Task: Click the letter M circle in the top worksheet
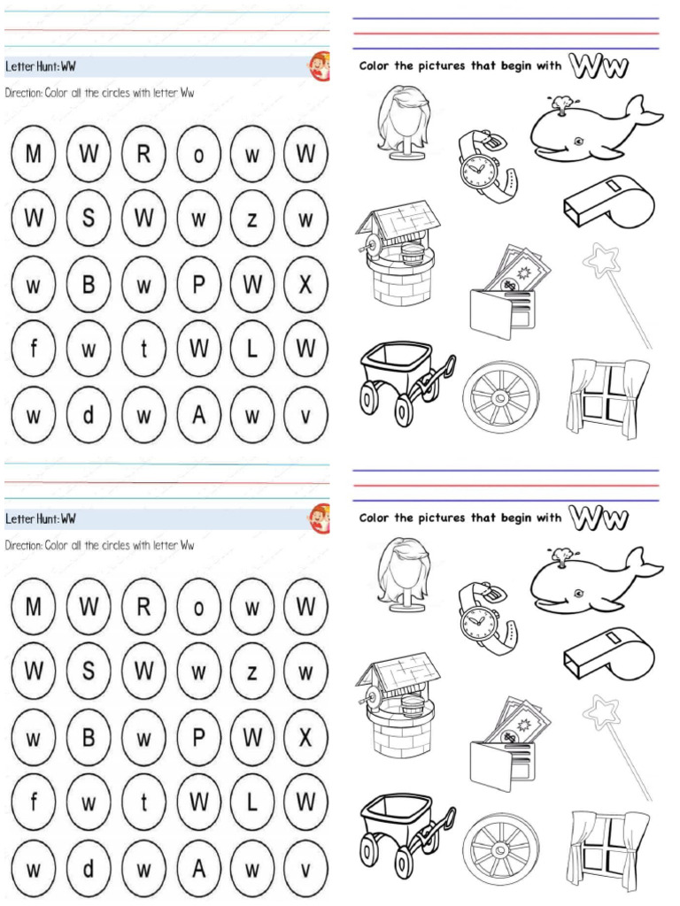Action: tap(33, 154)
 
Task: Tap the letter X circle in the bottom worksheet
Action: tap(305, 737)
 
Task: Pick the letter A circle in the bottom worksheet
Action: tap(199, 868)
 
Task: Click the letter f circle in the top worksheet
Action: tap(33, 349)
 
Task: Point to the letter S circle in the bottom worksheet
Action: tap(88, 672)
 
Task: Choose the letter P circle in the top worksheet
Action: tap(199, 284)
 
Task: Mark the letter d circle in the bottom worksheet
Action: tap(88, 868)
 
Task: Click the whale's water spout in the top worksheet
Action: tap(560, 105)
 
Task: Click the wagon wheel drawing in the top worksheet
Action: tap(500, 395)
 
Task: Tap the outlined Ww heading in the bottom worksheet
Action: tap(599, 517)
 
